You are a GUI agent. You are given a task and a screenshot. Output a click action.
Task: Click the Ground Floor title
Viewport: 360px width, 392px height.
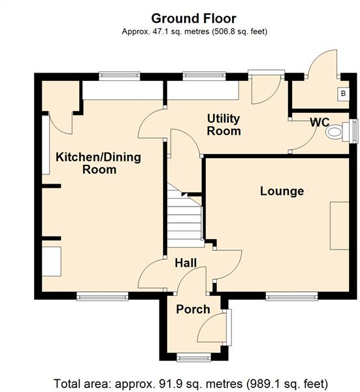coord(193,18)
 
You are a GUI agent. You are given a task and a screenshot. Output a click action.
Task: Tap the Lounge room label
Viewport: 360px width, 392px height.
coord(282,191)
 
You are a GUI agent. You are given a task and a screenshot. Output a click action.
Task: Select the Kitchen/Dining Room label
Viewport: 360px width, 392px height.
coord(99,163)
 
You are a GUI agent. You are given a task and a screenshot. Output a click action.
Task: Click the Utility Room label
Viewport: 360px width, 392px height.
coord(223,125)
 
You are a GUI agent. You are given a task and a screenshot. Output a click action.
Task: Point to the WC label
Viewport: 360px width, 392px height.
coord(319,122)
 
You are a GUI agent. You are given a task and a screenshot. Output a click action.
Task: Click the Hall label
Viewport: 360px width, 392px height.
coord(186,263)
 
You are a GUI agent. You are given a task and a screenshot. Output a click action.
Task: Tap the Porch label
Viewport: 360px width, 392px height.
coord(193,309)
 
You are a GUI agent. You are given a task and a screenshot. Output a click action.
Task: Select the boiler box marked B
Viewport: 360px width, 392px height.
coord(342,94)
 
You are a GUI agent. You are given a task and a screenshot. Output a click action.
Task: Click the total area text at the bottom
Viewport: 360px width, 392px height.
coord(191,383)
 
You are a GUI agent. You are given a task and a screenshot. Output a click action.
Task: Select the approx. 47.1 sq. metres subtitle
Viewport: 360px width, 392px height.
coord(193,31)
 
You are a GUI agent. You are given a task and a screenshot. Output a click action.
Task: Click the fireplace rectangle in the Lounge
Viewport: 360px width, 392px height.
coord(339,226)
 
